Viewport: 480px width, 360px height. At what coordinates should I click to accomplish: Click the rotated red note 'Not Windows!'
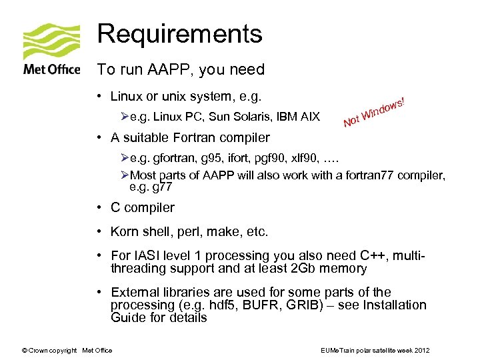click(x=375, y=111)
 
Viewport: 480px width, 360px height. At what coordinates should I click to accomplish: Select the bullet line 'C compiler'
click(x=142, y=207)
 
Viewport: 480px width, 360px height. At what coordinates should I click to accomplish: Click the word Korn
click(x=125, y=232)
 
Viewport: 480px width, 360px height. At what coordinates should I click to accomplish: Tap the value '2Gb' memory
click(x=306, y=269)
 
